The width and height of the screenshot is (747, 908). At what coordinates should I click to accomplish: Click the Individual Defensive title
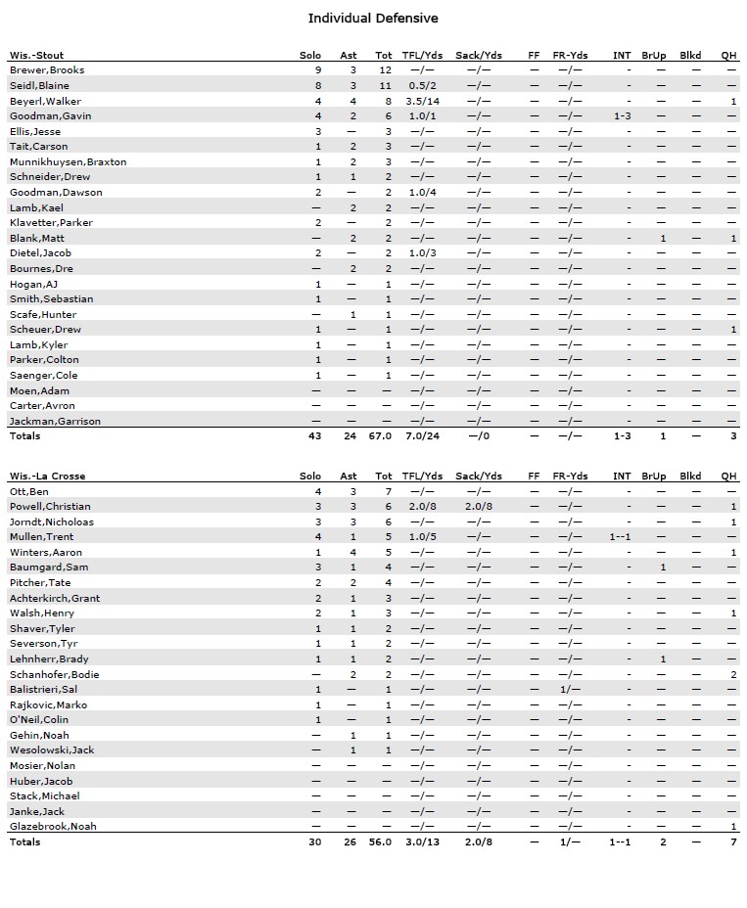(373, 19)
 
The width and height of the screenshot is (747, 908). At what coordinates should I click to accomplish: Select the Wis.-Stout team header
(36, 55)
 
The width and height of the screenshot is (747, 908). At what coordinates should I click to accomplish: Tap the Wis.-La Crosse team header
(47, 477)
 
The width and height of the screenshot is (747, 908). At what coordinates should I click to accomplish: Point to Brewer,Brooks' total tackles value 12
(386, 70)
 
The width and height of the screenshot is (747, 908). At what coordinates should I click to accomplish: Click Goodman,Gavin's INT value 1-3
(623, 116)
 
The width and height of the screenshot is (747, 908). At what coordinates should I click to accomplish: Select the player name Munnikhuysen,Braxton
(68, 161)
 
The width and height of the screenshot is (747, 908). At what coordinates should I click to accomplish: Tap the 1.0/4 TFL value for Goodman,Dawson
(423, 192)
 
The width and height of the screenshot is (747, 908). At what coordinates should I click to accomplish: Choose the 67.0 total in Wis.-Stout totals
(381, 436)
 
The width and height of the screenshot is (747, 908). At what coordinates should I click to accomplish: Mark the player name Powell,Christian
(50, 507)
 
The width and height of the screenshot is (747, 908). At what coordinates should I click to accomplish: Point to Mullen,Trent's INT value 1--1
(621, 537)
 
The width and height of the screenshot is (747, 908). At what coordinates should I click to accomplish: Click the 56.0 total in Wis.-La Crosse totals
(381, 841)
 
